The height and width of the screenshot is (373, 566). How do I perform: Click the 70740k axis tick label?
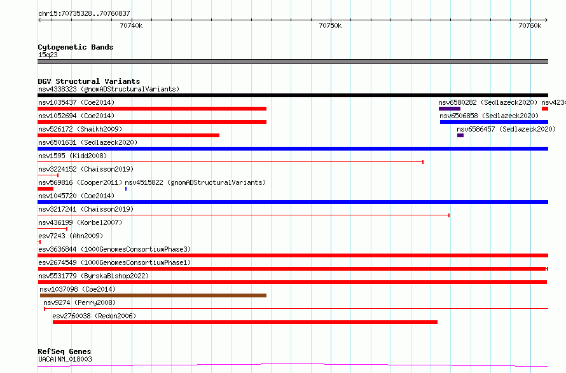click(131, 25)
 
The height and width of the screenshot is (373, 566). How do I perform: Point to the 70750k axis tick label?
click(330, 25)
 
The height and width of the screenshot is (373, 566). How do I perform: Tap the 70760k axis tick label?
click(530, 25)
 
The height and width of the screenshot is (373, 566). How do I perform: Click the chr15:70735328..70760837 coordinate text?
click(84, 13)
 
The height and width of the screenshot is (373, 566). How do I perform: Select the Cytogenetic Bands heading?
click(76, 47)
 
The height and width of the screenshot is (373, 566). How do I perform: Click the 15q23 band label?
click(48, 55)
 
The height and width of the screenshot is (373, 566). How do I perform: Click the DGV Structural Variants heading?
click(89, 81)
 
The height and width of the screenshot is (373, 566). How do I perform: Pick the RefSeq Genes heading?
click(64, 351)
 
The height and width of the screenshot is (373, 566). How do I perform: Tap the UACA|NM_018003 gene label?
click(65, 359)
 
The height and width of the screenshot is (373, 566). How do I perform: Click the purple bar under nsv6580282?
click(450, 109)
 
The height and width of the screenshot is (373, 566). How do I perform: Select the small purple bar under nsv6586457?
click(460, 135)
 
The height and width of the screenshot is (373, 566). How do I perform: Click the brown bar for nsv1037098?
click(153, 295)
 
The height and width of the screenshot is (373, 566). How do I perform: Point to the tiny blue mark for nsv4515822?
click(126, 189)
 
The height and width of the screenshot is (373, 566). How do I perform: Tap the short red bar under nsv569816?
click(46, 189)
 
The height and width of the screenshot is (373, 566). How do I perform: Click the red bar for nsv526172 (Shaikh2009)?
click(128, 135)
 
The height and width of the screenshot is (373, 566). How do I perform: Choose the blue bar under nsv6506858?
click(494, 122)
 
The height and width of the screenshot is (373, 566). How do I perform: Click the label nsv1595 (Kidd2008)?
click(72, 156)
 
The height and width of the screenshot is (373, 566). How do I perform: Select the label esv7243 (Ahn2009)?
click(71, 236)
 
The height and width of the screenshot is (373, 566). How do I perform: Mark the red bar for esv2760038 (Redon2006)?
click(245, 322)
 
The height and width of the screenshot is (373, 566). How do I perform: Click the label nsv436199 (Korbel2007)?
click(80, 222)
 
